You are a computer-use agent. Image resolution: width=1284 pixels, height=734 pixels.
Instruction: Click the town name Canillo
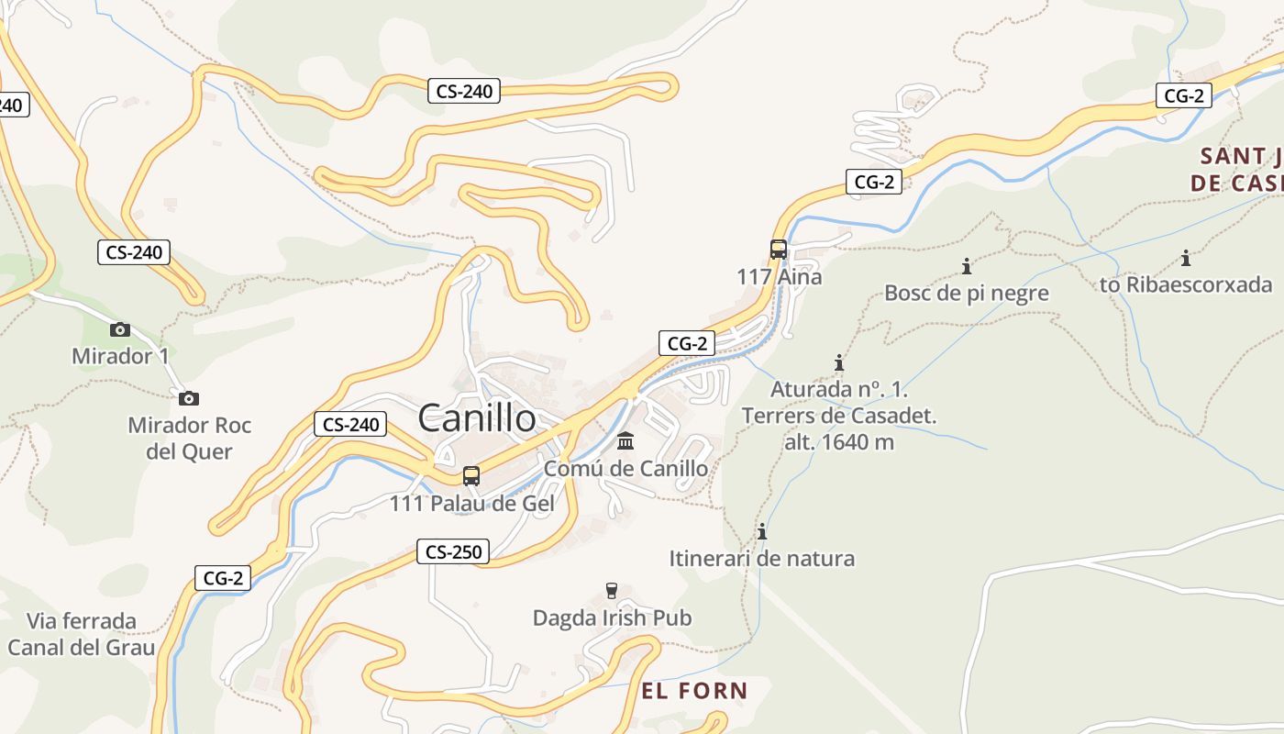click(x=477, y=418)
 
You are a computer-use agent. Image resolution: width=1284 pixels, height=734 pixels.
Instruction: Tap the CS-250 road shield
click(x=453, y=551)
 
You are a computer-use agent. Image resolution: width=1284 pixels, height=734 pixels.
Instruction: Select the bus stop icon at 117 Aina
click(x=778, y=249)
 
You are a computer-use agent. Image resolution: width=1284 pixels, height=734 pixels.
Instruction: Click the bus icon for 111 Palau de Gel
click(x=471, y=476)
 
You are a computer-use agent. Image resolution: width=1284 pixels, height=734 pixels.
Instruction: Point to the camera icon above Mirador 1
click(x=119, y=329)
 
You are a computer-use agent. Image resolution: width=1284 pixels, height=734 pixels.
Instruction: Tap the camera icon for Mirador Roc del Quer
click(x=189, y=398)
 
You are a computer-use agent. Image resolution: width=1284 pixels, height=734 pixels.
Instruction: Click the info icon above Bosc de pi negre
click(x=966, y=267)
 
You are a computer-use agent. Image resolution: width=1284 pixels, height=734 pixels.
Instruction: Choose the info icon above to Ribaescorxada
click(x=1185, y=258)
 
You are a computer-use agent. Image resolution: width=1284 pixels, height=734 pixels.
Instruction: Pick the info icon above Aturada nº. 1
click(x=838, y=362)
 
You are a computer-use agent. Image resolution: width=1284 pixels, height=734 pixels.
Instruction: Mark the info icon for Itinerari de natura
click(x=761, y=531)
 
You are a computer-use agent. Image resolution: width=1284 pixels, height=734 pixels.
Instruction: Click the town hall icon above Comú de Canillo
click(x=625, y=441)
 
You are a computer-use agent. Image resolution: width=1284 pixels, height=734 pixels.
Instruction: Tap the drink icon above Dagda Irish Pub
click(x=612, y=590)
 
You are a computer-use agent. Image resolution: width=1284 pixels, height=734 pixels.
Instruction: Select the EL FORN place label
click(x=694, y=691)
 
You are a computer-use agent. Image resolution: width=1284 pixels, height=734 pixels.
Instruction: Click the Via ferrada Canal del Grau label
click(x=82, y=634)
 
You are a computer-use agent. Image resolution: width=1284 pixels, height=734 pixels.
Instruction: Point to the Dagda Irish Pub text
click(x=612, y=617)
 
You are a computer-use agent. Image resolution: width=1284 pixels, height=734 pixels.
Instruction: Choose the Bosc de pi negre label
click(x=966, y=294)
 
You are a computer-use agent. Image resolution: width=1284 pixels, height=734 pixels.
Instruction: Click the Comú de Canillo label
click(x=625, y=469)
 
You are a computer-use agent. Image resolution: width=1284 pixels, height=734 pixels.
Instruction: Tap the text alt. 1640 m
click(x=838, y=441)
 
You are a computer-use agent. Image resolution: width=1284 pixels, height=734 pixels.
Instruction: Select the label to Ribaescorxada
click(x=1186, y=284)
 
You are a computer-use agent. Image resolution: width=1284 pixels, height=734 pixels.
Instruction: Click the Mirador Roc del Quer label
click(x=189, y=438)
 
